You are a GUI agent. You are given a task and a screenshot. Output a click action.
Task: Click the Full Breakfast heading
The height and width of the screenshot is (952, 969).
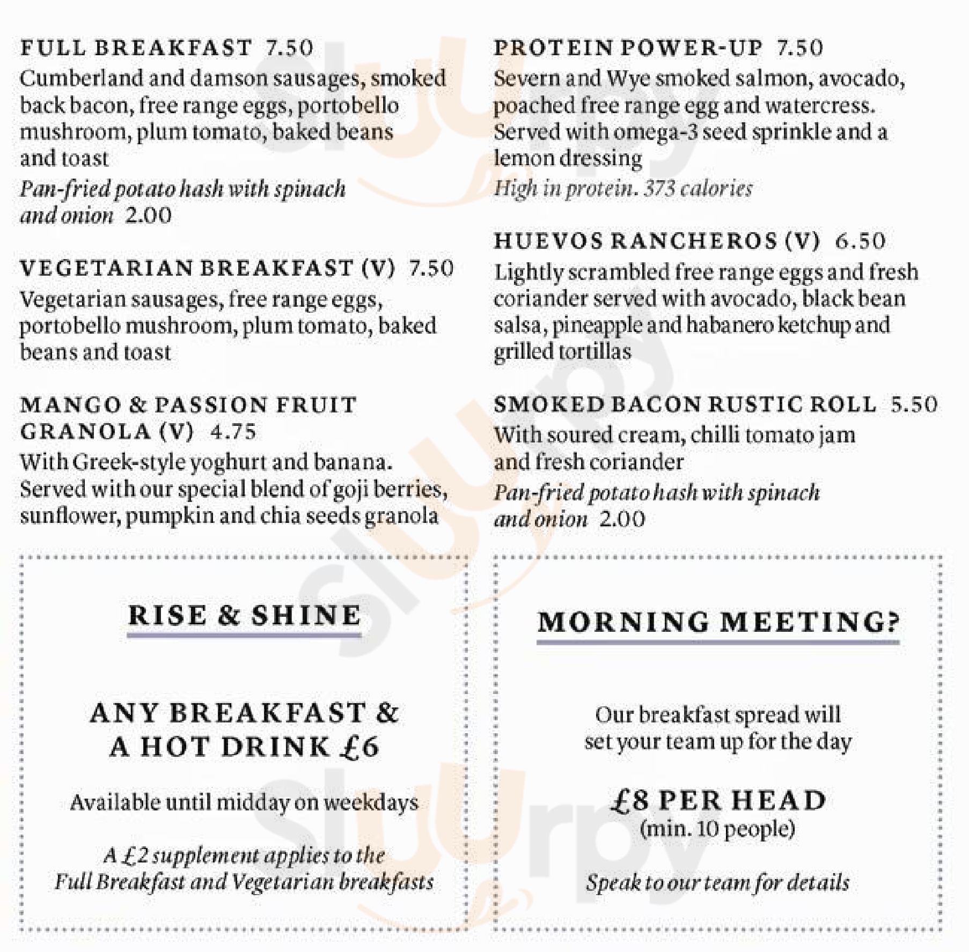[136, 48]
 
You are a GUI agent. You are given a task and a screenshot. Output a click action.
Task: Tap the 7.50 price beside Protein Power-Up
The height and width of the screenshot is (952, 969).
[799, 48]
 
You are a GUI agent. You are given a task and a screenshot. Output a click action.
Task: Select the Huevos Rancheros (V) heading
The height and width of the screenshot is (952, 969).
[657, 241]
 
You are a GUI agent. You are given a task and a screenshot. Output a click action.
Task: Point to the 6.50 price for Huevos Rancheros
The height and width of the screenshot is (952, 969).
[860, 241]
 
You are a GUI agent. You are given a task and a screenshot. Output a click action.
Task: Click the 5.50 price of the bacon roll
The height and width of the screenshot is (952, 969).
[914, 404]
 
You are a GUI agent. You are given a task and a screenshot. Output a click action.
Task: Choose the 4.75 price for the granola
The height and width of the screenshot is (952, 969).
[233, 432]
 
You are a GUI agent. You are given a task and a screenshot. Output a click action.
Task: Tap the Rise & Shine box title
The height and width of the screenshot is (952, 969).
[244, 615]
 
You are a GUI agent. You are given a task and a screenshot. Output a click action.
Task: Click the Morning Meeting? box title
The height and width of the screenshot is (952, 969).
[718, 622]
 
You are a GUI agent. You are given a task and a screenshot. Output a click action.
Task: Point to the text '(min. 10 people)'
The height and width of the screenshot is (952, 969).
[717, 829]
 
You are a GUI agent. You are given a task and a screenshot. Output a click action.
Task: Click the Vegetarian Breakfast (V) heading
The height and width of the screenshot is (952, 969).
[207, 268]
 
